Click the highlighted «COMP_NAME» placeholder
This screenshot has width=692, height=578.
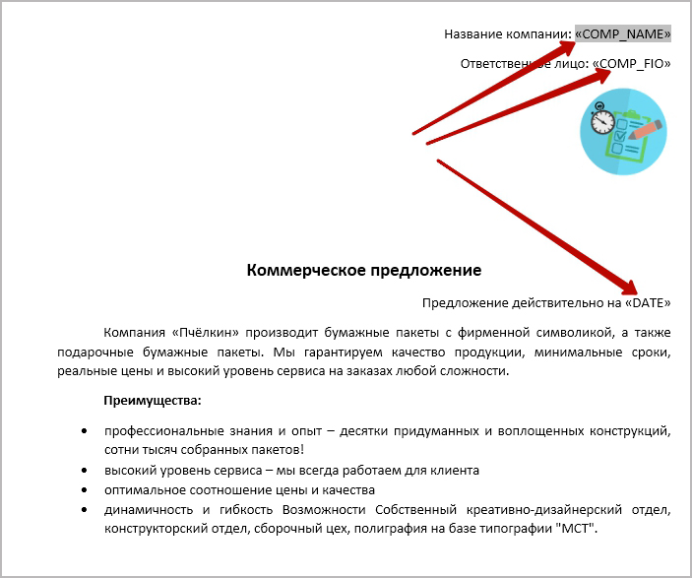tap(623, 33)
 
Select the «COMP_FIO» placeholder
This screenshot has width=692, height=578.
tap(631, 63)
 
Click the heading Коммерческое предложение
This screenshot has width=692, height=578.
tap(363, 270)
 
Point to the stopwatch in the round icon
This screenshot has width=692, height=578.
tap(602, 121)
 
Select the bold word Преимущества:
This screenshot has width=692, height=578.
tap(152, 401)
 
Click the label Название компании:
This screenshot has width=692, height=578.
tap(507, 33)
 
